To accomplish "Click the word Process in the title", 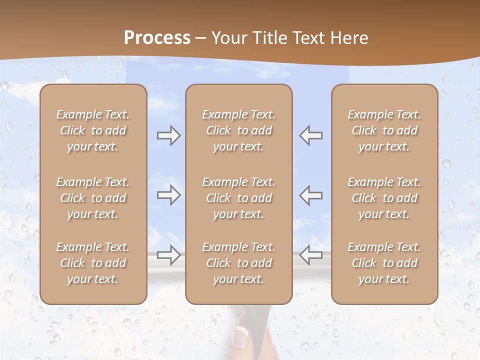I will [157, 38].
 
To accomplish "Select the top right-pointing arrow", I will [169, 135].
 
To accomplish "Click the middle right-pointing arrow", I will [169, 195].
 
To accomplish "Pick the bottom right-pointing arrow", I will [169, 255].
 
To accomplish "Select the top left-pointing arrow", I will [310, 135].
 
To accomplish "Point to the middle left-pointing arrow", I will [310, 195].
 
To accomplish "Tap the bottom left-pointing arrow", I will [310, 255].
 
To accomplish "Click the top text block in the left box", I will [93, 130].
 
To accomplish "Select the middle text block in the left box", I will [93, 198].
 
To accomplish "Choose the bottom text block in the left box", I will [93, 263].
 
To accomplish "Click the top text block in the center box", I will [238, 130].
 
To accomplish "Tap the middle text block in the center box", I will [238, 198].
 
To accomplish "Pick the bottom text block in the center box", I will [238, 263].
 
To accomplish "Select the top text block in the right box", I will [384, 130].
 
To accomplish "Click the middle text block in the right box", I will [384, 198].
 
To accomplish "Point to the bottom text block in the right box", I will [384, 263].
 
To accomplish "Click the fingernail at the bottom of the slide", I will [239, 337].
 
